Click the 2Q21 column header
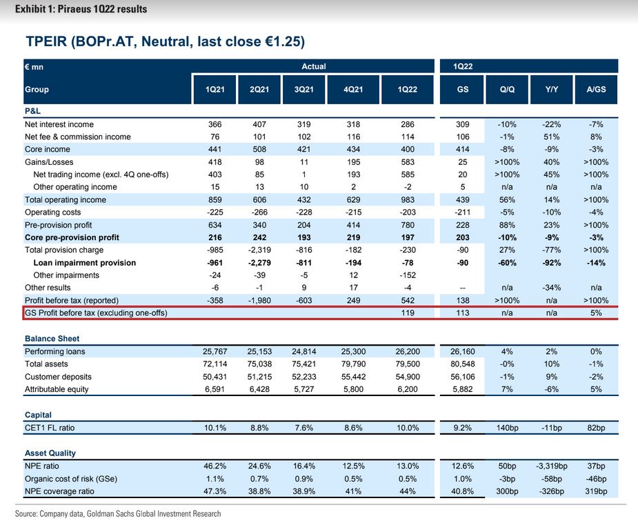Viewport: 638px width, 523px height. [260, 90]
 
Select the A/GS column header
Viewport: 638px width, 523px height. [595, 90]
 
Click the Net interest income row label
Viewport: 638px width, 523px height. [59, 124]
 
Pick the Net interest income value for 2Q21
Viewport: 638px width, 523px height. [260, 124]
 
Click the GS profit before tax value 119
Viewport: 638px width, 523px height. [408, 313]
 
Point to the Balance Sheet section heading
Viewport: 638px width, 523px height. [52, 339]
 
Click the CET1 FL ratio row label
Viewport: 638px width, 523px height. [50, 428]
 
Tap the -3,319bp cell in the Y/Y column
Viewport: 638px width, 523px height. [550, 466]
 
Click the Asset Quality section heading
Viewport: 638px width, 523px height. [50, 453]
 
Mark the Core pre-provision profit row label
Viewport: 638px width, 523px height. [72, 237]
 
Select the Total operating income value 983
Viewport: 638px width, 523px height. [408, 199]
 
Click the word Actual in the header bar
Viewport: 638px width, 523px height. [313, 66]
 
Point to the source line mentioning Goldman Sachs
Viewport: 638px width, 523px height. [118, 513]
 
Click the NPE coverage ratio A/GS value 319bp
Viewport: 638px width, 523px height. [595, 491]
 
